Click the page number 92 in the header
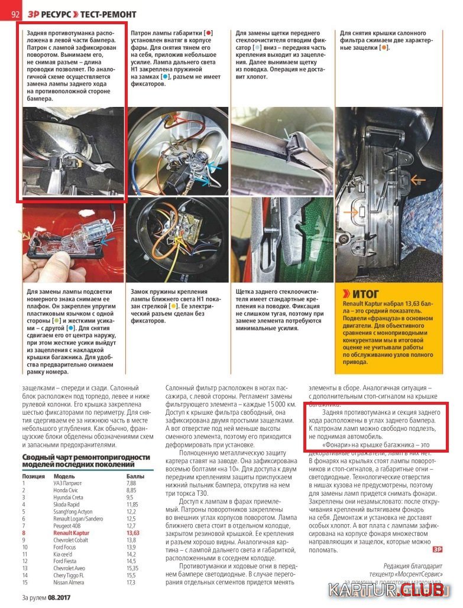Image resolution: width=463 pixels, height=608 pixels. [x=16, y=14]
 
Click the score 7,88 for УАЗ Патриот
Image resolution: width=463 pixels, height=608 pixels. [x=131, y=483]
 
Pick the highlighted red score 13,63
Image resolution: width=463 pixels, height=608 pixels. [x=133, y=533]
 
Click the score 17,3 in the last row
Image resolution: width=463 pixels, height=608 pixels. [x=131, y=583]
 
